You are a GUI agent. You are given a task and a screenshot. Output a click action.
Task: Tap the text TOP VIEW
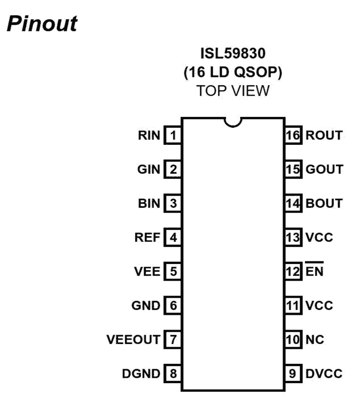[233, 91]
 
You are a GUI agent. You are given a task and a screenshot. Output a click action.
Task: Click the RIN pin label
[149, 135]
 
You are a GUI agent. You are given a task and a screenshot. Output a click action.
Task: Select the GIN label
[149, 170]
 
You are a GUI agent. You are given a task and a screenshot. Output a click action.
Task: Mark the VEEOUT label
[133, 340]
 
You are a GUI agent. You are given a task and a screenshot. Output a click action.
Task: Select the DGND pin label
[141, 373]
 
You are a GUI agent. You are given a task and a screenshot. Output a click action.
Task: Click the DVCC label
[324, 373]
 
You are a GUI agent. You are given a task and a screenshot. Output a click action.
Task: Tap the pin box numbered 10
[293, 340]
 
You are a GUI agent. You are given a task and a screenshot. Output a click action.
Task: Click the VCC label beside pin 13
[319, 237]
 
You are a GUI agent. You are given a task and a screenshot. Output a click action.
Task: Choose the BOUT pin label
[324, 203]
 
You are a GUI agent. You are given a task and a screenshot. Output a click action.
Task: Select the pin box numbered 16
[293, 135]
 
